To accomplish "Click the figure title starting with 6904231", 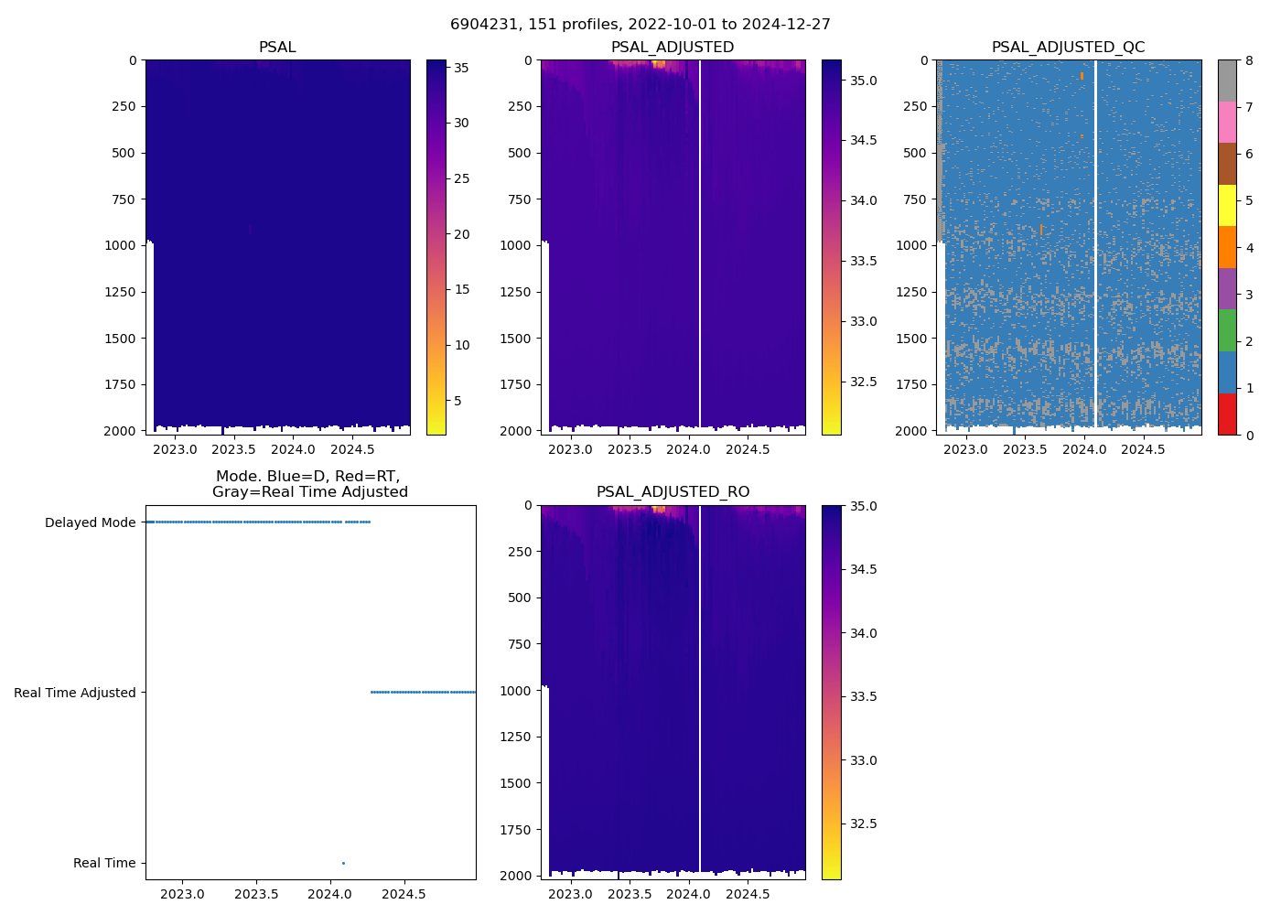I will pos(640,25).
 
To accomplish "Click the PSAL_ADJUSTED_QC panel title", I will pos(1068,48).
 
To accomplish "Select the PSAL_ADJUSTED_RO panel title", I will pos(673,492).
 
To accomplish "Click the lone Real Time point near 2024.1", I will pos(343,863).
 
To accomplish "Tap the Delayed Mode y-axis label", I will pos(90,522).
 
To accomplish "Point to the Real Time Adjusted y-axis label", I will pos(75,693).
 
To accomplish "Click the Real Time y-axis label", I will pos(104,863).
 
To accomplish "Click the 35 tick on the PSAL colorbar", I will pos(462,67).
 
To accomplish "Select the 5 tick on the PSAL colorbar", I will pos(458,401).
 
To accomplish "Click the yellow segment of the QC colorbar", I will pos(1227,206).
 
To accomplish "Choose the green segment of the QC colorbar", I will pos(1227,330).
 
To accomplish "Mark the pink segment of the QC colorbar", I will pos(1227,122).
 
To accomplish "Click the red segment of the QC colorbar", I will pos(1227,414).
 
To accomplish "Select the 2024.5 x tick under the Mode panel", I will pos(403,894).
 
